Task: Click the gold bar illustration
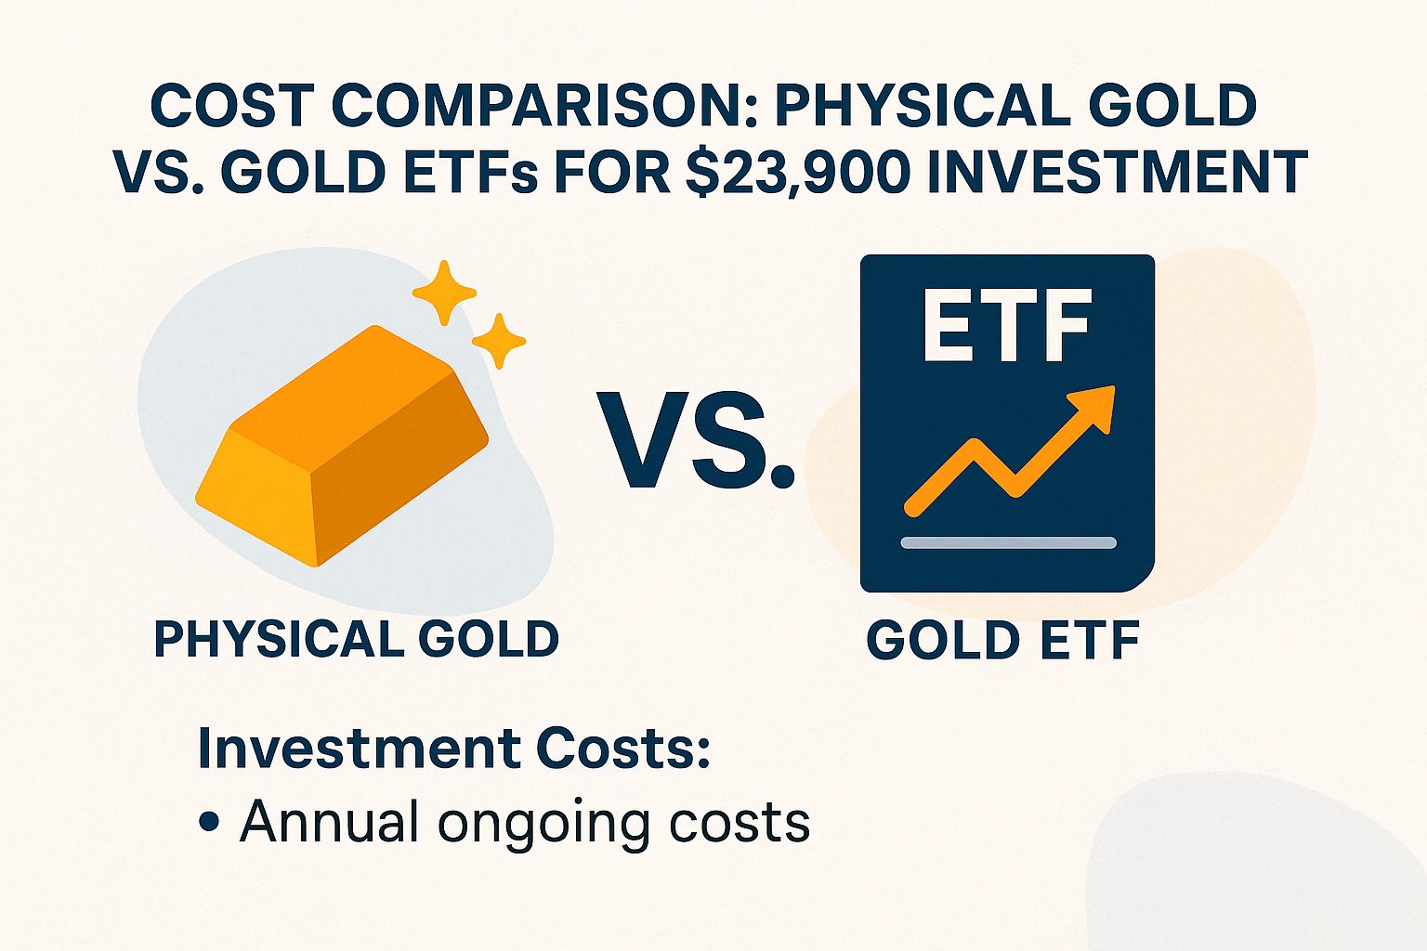(342, 446)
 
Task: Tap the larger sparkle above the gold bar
(444, 292)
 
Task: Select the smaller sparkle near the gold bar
(499, 341)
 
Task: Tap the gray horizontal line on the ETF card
(1008, 542)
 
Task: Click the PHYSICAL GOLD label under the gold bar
(357, 640)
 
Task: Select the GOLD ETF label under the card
(1003, 640)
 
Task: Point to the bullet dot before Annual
(209, 823)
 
